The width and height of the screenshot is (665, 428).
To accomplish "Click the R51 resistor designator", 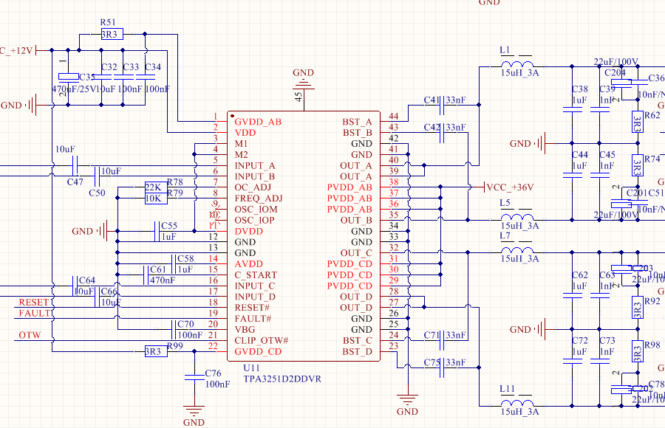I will coord(107,23).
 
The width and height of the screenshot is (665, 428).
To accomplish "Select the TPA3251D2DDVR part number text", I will coord(282,379).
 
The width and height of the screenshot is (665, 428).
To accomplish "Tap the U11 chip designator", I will coord(252,367).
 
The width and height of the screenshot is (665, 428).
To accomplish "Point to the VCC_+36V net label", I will coord(510,187).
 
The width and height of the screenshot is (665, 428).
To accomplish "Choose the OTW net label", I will coord(30,336).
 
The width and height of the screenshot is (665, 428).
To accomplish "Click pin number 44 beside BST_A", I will coord(392,117).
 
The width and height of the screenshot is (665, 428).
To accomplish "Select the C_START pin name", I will coord(256,275).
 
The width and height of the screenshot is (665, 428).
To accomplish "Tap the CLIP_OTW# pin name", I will coord(261,340).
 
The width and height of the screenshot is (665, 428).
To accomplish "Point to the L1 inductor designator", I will coord(505,51).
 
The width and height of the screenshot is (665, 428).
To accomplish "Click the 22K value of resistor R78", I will coord(153,187).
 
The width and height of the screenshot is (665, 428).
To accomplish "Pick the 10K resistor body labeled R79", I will coord(153,199).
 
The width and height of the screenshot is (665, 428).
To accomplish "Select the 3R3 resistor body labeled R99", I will coord(153,351).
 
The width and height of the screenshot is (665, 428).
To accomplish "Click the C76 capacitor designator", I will coord(214,373).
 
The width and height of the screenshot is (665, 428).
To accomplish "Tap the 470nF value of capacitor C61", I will coord(162,280).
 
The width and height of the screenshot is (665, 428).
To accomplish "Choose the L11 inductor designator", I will coord(507,389).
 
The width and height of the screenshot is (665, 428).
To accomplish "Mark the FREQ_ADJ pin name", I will coord(258,199).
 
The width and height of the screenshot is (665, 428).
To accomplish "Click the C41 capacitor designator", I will coord(432,100).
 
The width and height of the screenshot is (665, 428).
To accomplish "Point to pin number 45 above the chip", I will coord(299,96).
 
